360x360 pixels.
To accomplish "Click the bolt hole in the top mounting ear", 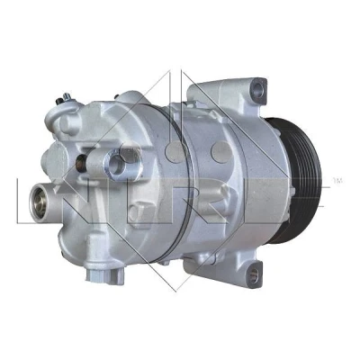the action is click(257, 88).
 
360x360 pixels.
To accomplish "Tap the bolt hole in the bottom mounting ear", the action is click(254, 274).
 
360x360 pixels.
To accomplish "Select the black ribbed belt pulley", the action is click(295, 181).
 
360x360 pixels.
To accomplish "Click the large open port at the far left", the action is click(40, 203).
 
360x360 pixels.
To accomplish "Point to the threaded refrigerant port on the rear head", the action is click(115, 165).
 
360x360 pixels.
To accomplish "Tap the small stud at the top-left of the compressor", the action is click(64, 98).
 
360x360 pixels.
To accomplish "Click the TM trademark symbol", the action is click(337, 181).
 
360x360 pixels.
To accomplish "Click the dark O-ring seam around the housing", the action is click(173, 183).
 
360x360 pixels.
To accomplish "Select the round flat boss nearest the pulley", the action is click(220, 151).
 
